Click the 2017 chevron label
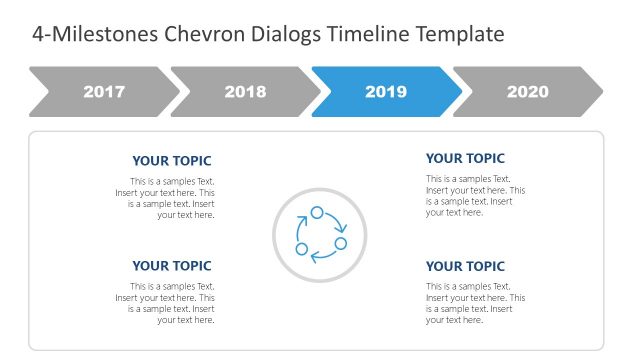pyautogui.click(x=104, y=92)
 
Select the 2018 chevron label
pyautogui.click(x=245, y=92)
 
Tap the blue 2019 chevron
pyautogui.click(x=386, y=92)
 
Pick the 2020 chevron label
pyautogui.click(x=527, y=92)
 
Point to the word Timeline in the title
pyautogui.click(x=372, y=35)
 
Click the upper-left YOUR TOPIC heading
pyautogui.click(x=172, y=161)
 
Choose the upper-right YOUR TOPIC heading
pyautogui.click(x=465, y=158)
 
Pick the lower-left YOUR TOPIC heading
pyautogui.click(x=172, y=266)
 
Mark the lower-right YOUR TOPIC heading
pyautogui.click(x=465, y=266)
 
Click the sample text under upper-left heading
pyautogui.click(x=165, y=198)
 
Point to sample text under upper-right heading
pyautogui.click(x=475, y=196)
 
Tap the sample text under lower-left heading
pyautogui.click(x=165, y=303)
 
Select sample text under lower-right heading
pyautogui.click(x=475, y=303)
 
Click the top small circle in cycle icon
pyautogui.click(x=317, y=212)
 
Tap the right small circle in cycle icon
pyautogui.click(x=340, y=243)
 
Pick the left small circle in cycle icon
pyautogui.click(x=301, y=248)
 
